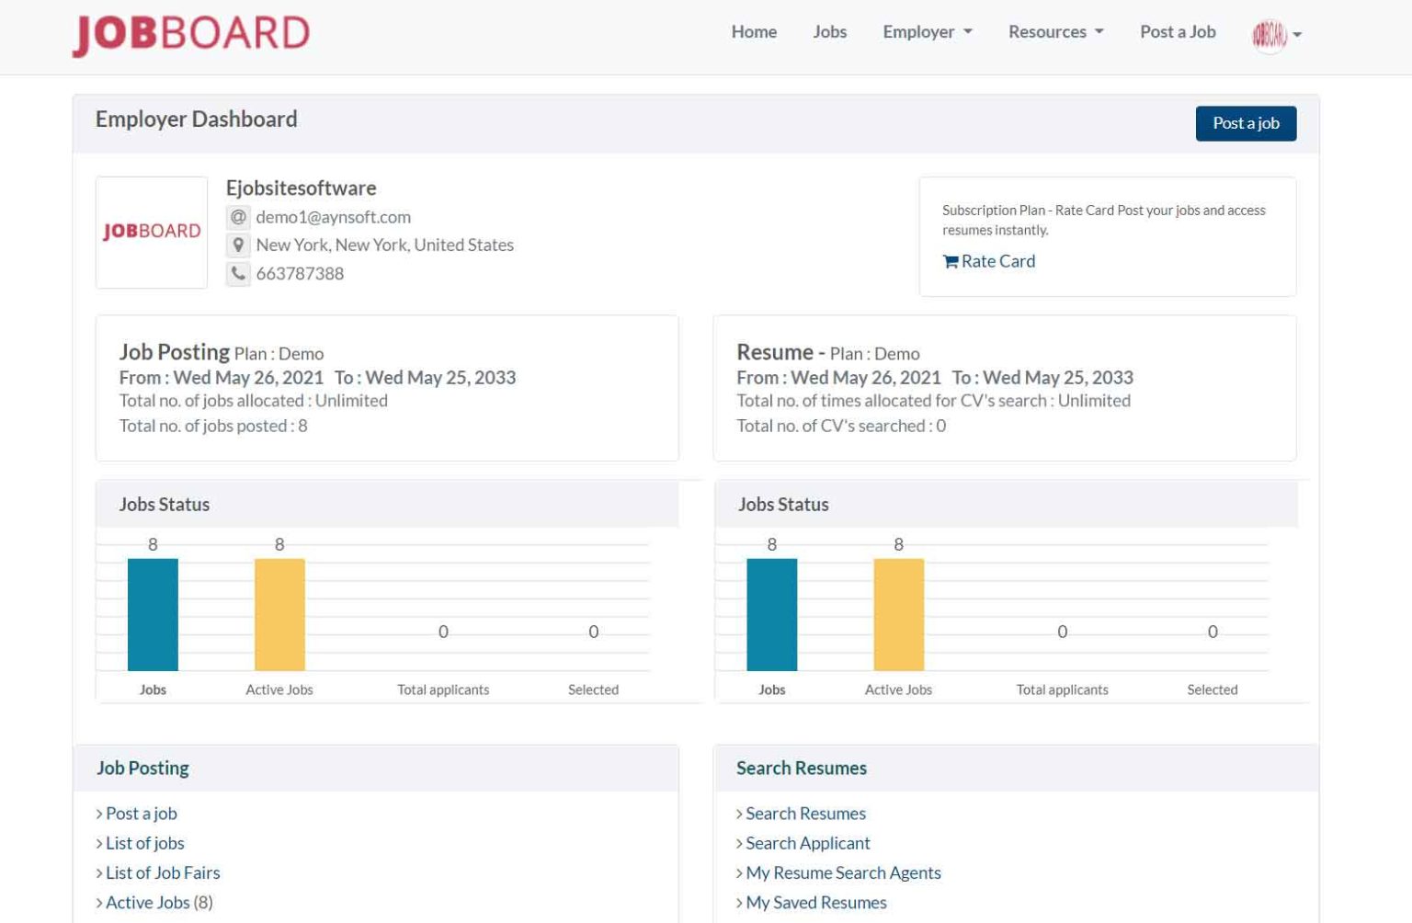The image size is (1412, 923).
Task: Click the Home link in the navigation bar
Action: (754, 32)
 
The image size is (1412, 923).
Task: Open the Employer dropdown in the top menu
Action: (927, 32)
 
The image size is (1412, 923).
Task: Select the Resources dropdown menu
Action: (1055, 32)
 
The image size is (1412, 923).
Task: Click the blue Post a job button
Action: (1246, 123)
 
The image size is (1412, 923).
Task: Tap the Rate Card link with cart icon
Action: (989, 261)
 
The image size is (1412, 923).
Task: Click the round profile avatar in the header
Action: (1270, 35)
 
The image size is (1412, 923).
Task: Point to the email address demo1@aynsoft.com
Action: (333, 217)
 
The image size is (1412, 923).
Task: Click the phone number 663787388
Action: (300, 273)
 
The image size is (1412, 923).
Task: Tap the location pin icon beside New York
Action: (238, 245)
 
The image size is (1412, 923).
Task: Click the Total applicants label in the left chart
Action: (443, 689)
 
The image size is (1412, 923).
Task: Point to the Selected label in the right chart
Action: (1212, 689)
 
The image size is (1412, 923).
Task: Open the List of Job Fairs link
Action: (163, 872)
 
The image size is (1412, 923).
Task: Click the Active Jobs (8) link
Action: (158, 903)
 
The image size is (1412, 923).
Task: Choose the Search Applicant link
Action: (807, 843)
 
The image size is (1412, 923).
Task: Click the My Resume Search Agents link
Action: (843, 872)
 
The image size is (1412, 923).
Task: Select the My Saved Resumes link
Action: (815, 903)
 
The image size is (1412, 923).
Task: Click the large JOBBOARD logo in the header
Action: (191, 35)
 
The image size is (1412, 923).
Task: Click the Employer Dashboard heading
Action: (196, 120)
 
